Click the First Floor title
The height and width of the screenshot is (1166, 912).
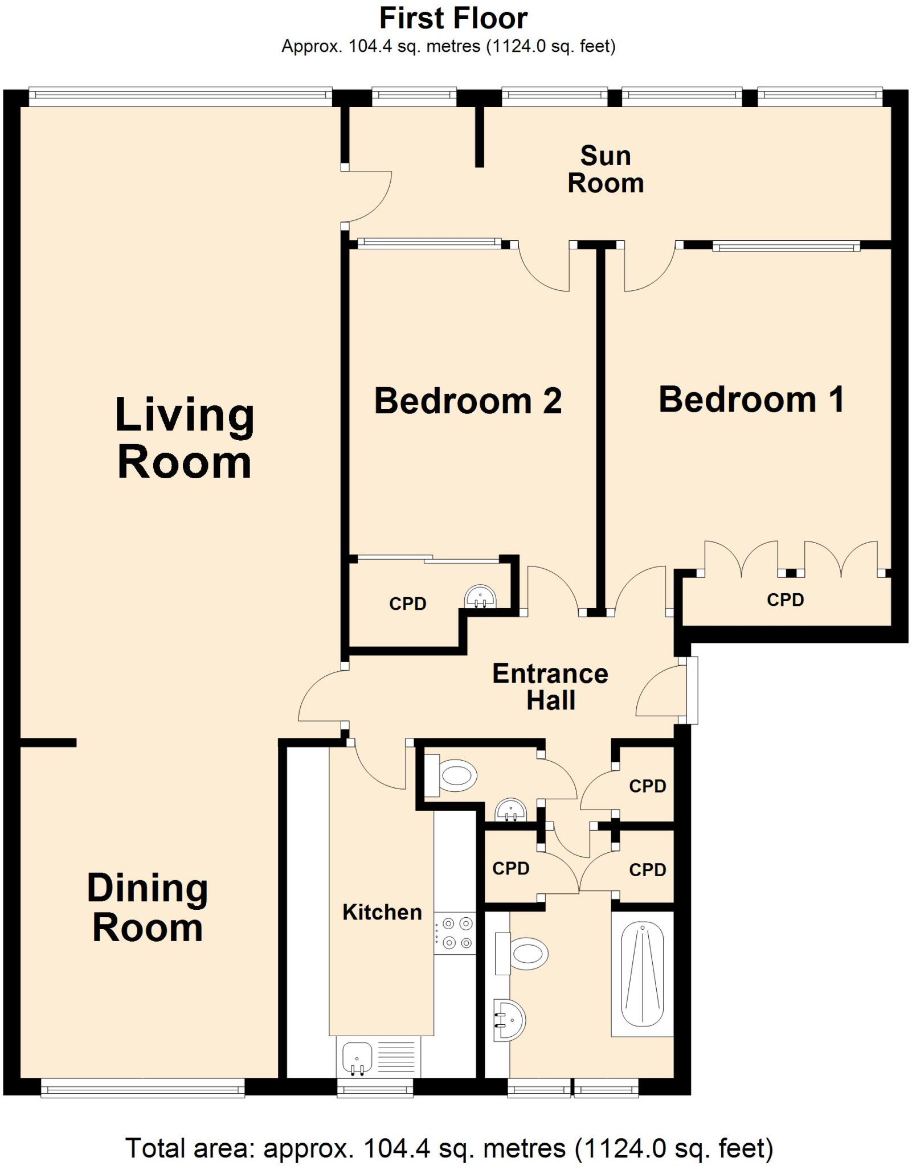click(453, 18)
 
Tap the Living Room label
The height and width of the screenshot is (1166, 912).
click(184, 438)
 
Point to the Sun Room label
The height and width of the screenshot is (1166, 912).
click(606, 169)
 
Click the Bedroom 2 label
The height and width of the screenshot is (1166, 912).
click(468, 400)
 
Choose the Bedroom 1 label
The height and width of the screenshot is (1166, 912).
click(751, 399)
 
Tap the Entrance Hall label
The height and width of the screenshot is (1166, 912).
click(550, 687)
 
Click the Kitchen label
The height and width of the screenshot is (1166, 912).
click(382, 912)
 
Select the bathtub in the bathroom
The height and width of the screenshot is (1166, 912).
click(642, 974)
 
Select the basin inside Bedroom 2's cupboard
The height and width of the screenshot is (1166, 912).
click(480, 597)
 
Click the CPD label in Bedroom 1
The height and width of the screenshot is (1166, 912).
click(785, 600)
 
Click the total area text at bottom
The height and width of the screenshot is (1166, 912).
click(449, 1148)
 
